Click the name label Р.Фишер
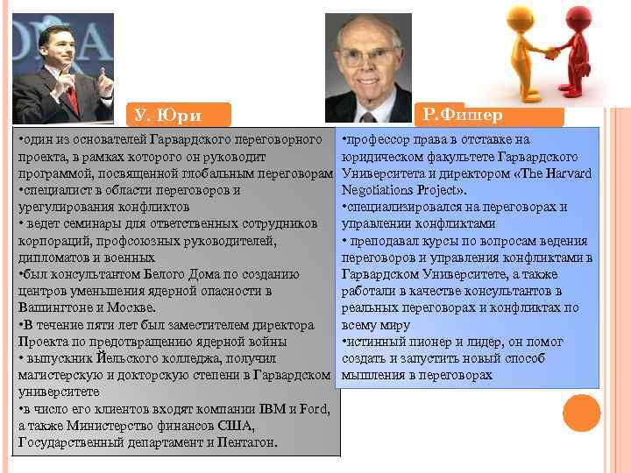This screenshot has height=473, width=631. click(x=461, y=114)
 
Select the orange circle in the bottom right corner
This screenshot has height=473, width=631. click(x=581, y=412)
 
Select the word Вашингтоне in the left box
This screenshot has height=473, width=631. click(x=53, y=307)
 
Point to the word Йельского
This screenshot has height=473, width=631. click(x=117, y=358)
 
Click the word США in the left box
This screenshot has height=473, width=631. click(x=233, y=426)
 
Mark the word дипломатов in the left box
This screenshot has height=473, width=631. click(x=53, y=258)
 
